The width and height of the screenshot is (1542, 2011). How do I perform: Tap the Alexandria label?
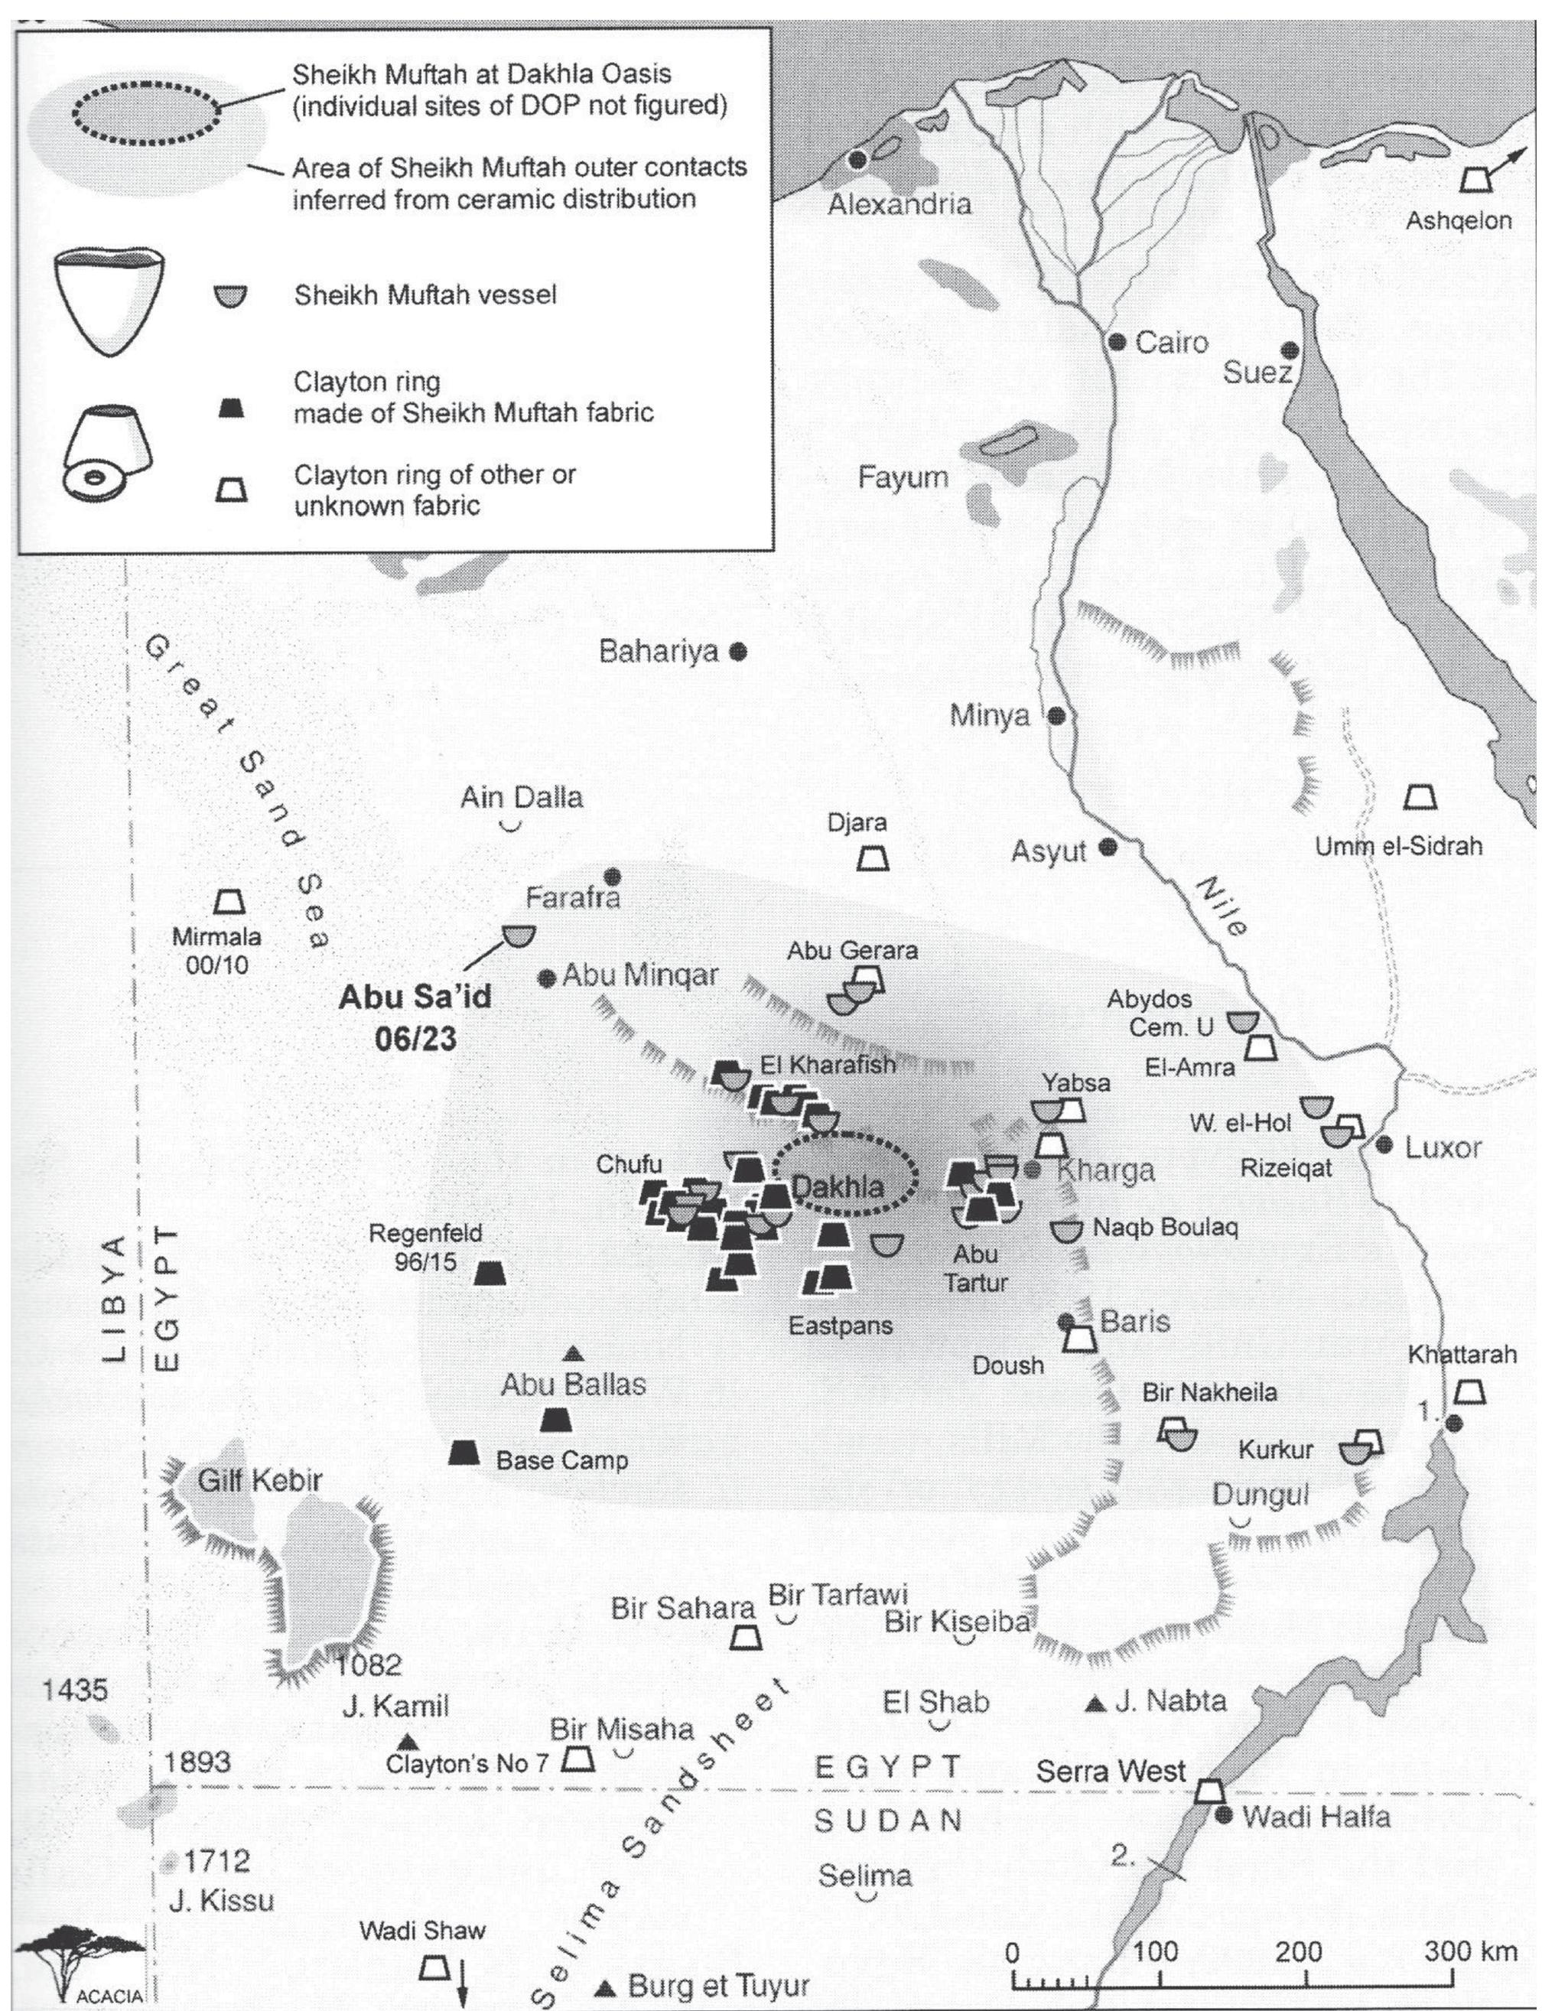(899, 203)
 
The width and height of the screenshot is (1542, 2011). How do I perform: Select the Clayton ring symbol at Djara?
(872, 859)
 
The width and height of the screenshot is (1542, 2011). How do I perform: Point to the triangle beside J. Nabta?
(1093, 1704)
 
